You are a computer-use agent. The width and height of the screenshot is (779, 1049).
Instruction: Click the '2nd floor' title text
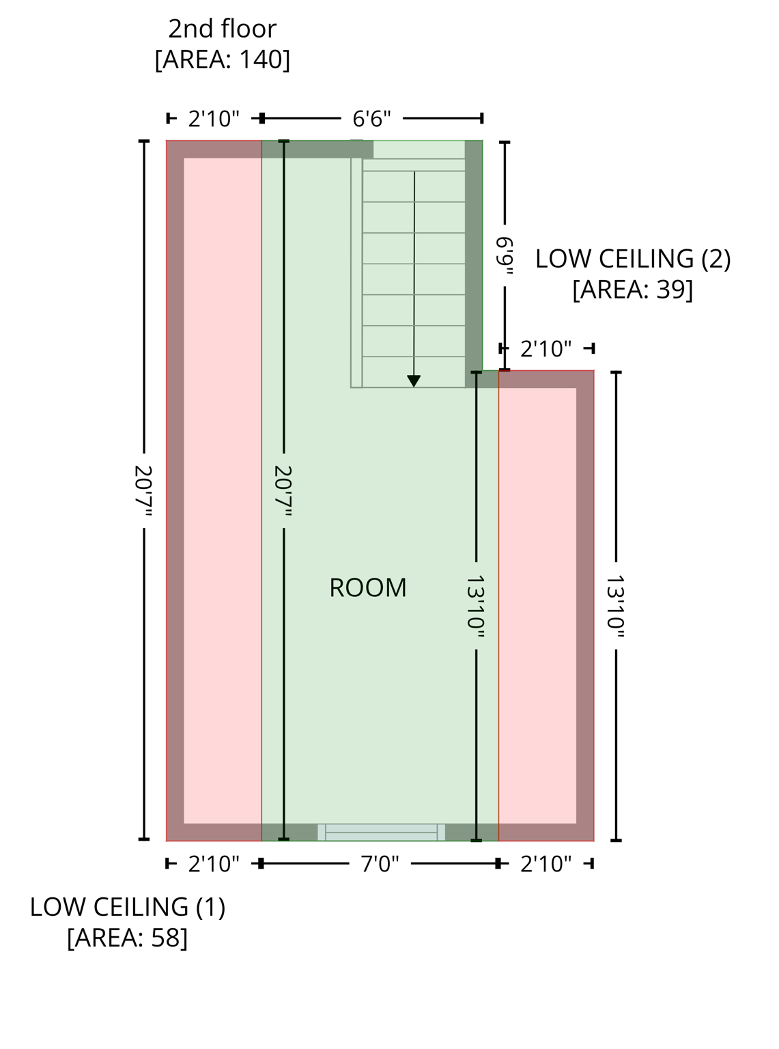coord(222,29)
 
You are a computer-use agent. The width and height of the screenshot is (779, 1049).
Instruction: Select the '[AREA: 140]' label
coord(222,59)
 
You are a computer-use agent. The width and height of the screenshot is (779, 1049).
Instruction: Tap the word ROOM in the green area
coord(367,588)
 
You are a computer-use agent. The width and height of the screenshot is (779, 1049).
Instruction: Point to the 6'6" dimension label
coord(371,119)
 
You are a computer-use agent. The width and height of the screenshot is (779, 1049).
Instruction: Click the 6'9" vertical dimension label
coord(505,255)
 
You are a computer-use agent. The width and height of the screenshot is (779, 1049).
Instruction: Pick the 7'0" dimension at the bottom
coord(380,864)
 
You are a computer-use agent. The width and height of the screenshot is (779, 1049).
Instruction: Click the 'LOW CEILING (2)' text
coord(632,259)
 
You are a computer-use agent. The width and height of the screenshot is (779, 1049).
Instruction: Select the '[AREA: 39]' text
coord(632,290)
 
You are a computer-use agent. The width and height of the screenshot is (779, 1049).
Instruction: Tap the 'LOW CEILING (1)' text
coord(127,907)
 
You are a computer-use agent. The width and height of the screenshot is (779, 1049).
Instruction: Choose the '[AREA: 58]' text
coord(127,938)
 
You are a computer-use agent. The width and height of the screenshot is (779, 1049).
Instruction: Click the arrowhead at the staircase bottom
coord(414,381)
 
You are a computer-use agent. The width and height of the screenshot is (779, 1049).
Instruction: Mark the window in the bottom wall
coord(381,832)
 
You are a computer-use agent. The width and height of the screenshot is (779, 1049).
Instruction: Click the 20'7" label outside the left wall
coord(143,490)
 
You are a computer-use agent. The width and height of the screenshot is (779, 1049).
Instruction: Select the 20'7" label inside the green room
coord(283,490)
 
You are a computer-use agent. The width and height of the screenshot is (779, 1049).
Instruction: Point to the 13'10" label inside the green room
coord(476,606)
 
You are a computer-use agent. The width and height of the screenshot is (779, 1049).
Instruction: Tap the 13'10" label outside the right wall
coord(616,606)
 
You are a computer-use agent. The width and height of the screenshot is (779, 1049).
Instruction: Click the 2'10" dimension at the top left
coord(214,119)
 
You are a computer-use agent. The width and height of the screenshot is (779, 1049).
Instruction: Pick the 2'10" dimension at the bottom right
coord(546,864)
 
